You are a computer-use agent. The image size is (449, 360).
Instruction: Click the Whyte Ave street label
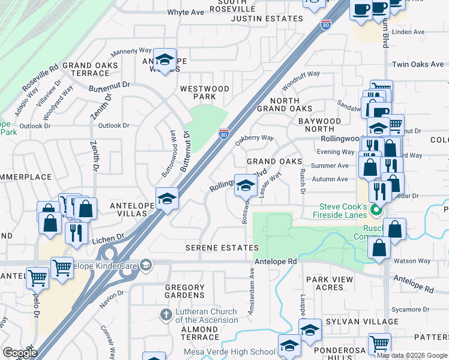[x=185, y=12]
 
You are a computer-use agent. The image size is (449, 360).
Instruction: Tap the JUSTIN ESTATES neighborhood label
[x=267, y=19]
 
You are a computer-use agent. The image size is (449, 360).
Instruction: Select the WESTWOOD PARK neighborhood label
[x=205, y=92]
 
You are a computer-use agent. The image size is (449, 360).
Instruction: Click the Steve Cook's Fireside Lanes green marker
[x=376, y=210]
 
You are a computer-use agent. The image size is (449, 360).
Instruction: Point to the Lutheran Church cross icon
[x=167, y=314]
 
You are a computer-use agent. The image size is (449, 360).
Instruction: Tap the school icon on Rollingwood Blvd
[x=245, y=186]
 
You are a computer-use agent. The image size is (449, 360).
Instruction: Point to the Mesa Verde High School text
[x=238, y=352]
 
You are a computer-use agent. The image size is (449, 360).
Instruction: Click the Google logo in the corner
[x=20, y=353]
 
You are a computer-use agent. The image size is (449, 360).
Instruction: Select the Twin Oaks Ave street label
[x=418, y=64]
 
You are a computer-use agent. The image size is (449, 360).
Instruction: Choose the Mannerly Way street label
[x=130, y=52]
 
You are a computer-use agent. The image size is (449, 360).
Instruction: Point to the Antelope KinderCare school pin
[x=145, y=265]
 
